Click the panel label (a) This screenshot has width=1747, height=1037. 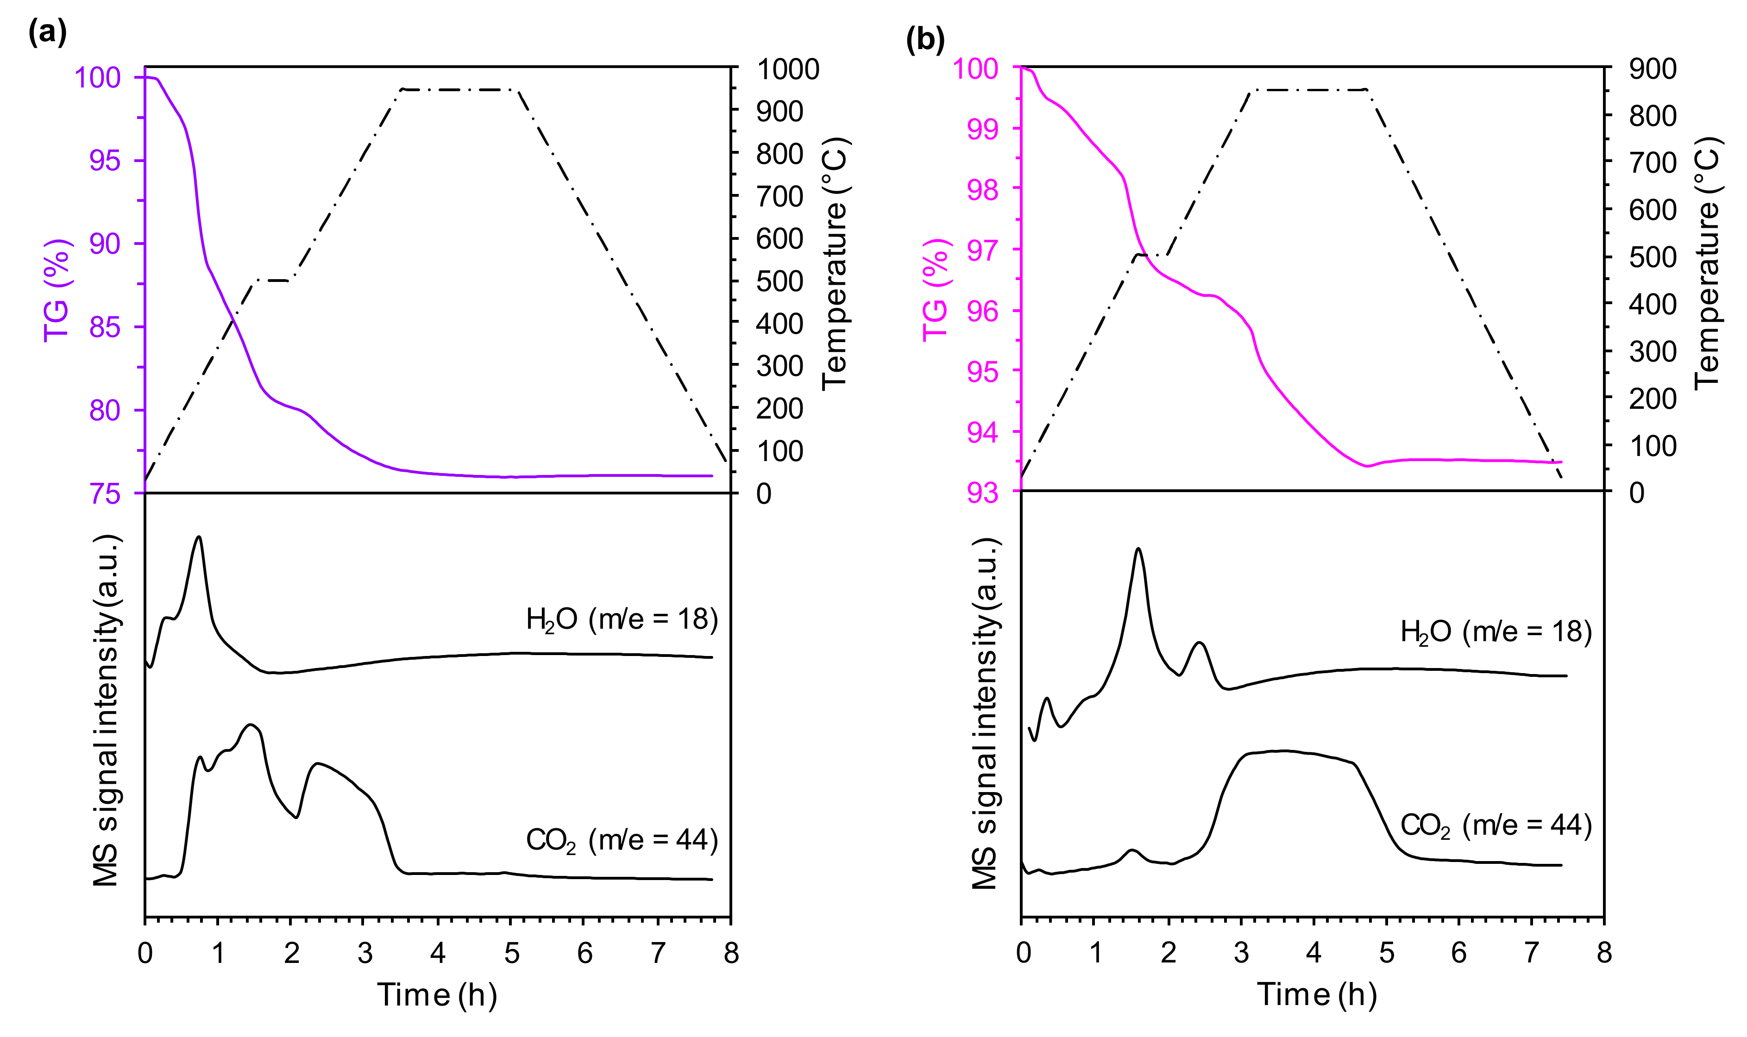(47, 32)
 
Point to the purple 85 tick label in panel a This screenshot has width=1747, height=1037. (105, 327)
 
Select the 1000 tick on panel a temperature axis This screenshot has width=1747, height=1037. (787, 69)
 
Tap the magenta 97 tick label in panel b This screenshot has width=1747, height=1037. (982, 250)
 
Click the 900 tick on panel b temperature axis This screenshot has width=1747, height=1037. (1652, 69)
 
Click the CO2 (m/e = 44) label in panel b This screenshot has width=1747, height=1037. (1496, 826)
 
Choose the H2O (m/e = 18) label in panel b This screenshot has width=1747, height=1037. (1496, 632)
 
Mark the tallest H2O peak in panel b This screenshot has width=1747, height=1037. (1139, 549)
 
